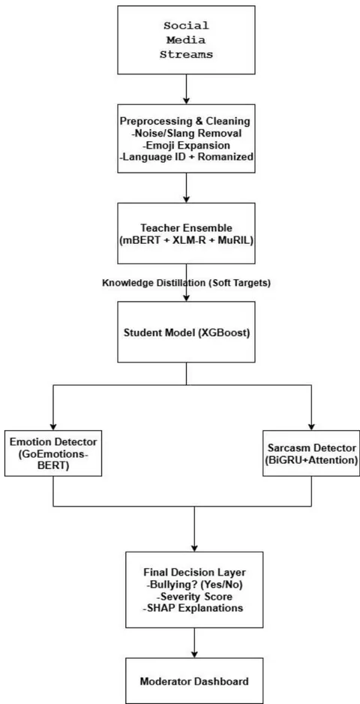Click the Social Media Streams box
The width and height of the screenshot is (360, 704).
click(186, 40)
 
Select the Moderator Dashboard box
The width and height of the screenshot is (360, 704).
click(194, 681)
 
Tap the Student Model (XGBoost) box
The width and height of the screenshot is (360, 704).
click(186, 332)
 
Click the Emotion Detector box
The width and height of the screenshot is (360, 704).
click(53, 453)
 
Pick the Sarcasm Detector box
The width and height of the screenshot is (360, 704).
click(311, 453)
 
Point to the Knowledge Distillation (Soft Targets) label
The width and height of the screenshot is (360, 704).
click(187, 283)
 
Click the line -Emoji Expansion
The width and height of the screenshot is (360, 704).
click(186, 146)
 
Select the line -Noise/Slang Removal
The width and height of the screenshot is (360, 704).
click(186, 134)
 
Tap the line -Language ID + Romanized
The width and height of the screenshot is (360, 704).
click(186, 157)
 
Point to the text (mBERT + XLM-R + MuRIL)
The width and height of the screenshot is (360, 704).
click(186, 239)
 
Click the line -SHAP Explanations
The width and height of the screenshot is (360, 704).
click(194, 608)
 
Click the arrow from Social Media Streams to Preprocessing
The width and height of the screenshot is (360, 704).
click(186, 89)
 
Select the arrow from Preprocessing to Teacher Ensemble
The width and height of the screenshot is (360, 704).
click(186, 188)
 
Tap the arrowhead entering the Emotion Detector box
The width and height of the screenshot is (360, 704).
click(53, 426)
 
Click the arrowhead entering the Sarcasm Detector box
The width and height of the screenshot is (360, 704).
click(311, 426)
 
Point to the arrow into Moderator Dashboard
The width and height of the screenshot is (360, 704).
click(194, 643)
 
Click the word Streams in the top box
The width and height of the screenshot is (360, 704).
click(187, 55)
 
